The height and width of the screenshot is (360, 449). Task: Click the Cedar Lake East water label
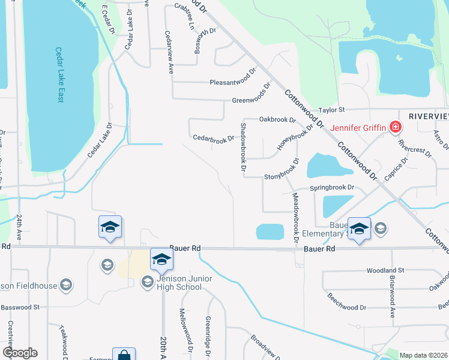point(59,74)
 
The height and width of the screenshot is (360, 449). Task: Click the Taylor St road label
point(331,110)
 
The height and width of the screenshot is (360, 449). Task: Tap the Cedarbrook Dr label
point(213,138)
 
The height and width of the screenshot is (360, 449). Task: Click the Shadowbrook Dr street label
point(244,147)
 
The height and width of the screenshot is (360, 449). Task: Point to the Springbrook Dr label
point(332,188)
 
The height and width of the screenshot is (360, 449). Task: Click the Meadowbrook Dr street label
point(295,214)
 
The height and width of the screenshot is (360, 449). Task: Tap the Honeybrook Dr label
point(295,137)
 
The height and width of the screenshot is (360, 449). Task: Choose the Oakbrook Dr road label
point(277,119)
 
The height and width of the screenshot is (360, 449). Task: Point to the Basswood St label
point(20,307)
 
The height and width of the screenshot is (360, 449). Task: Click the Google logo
point(20,353)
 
